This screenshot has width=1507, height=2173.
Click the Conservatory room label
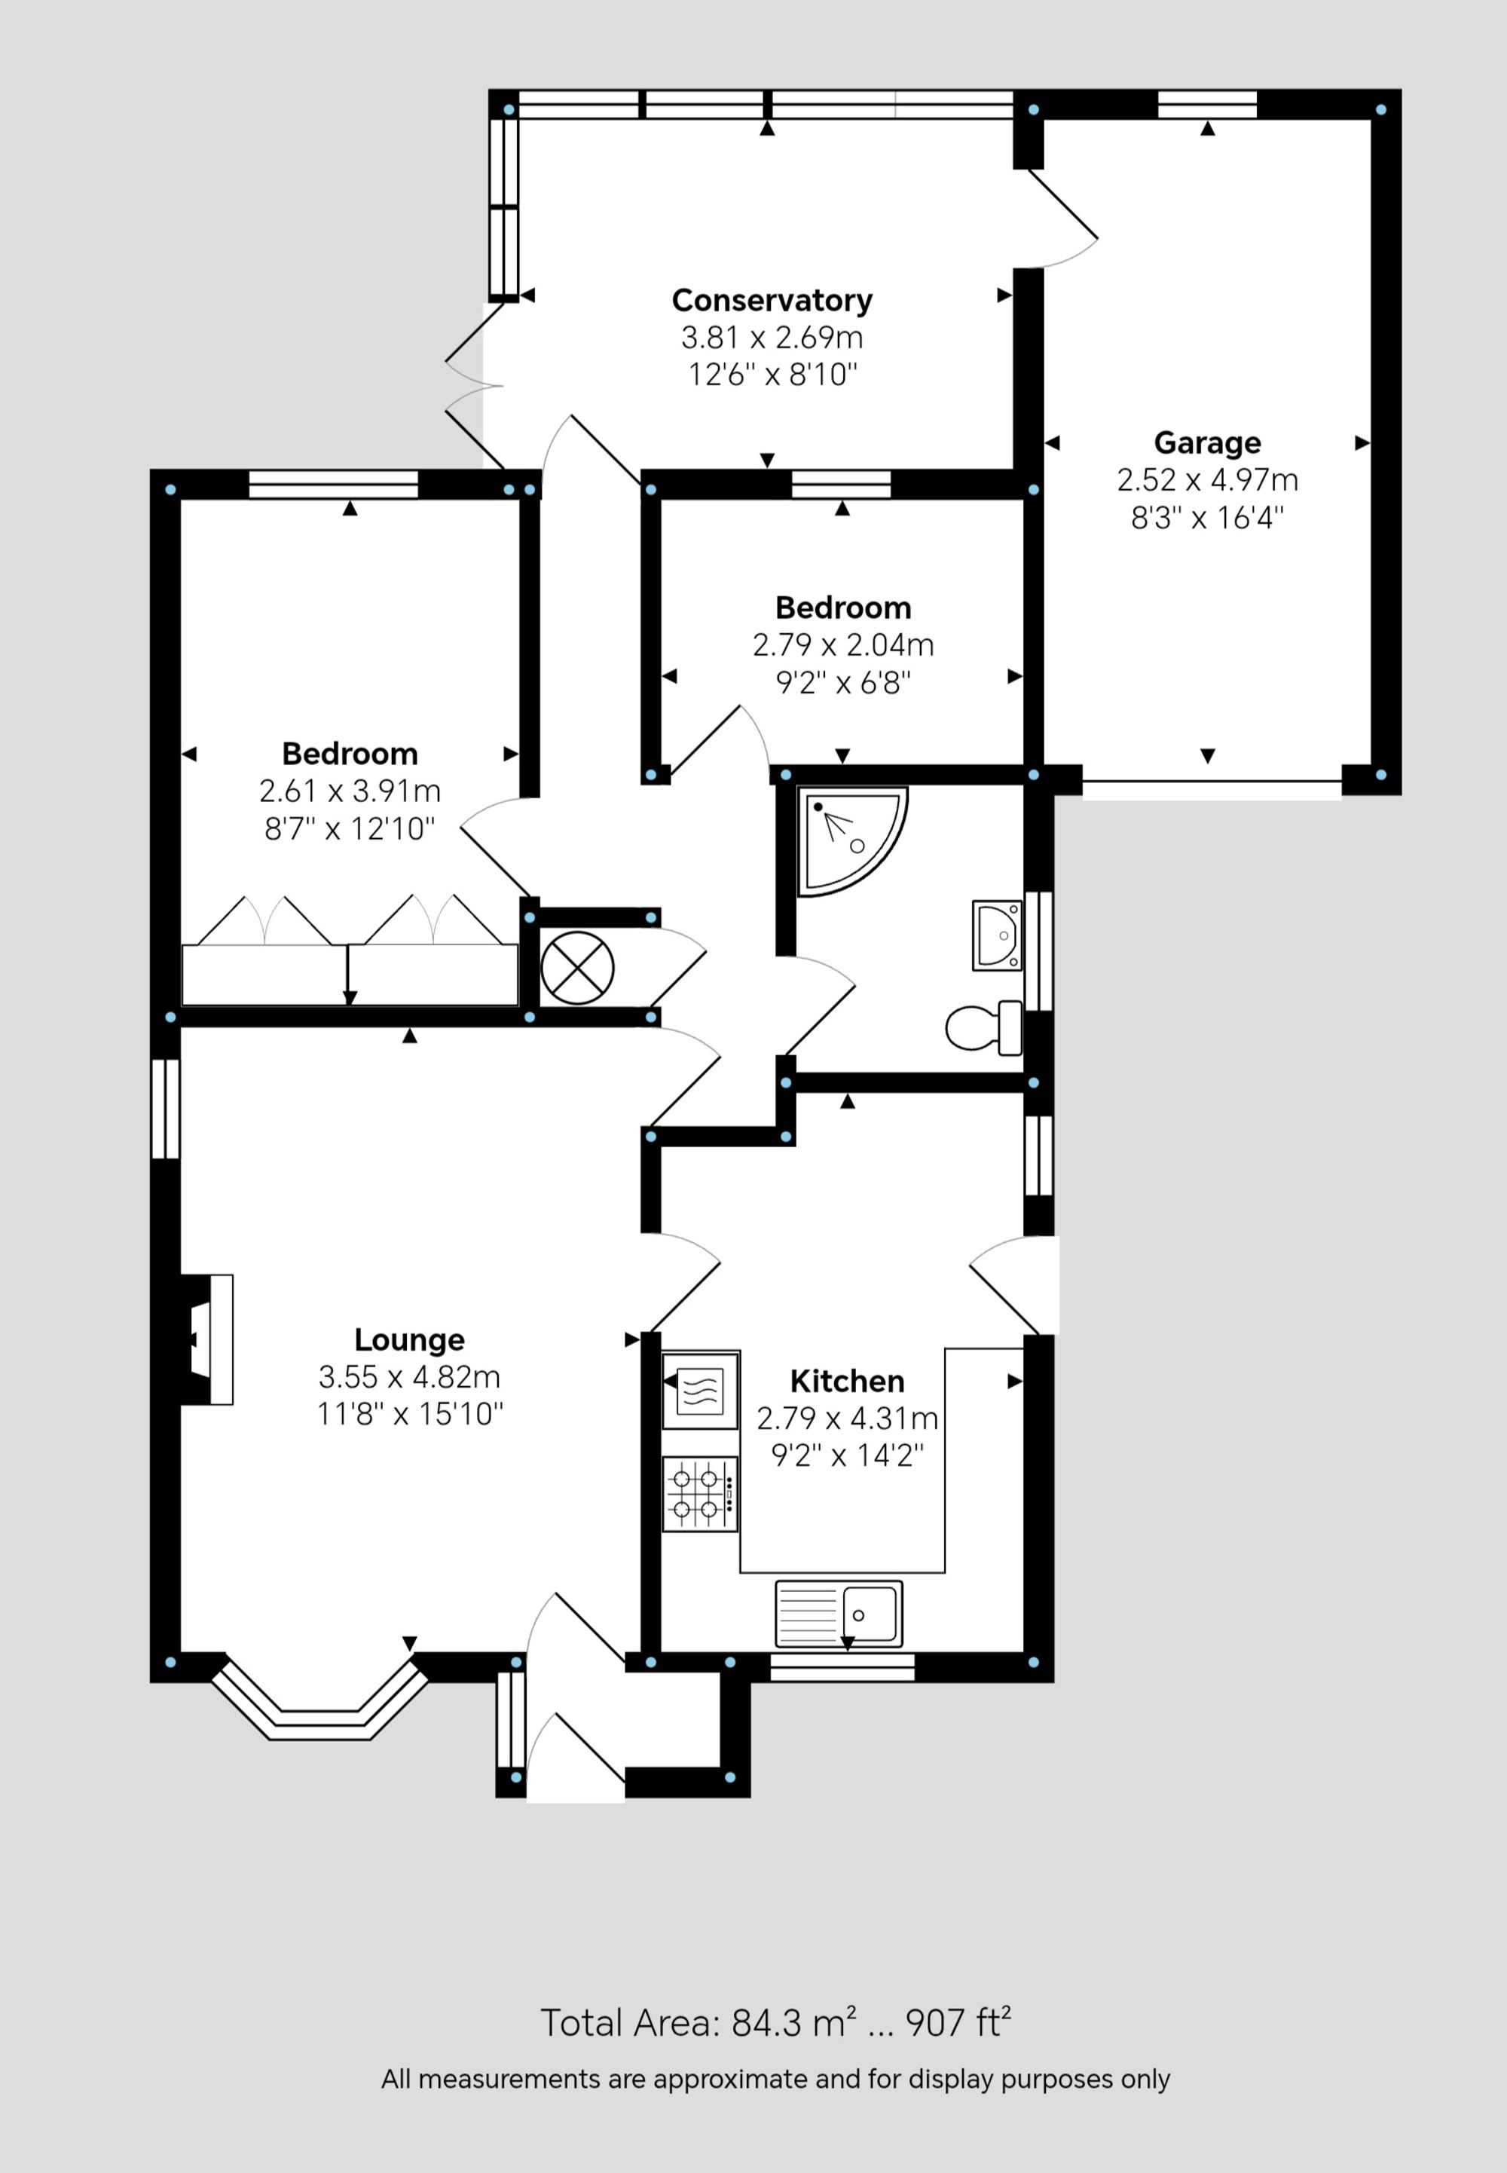(x=772, y=300)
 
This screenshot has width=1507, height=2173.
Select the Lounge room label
(x=409, y=1339)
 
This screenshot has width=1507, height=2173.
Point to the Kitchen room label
(x=847, y=1381)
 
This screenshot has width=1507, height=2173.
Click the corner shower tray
(x=845, y=840)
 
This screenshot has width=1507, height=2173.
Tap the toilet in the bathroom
(x=984, y=1027)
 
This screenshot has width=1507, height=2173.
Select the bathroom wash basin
(x=997, y=935)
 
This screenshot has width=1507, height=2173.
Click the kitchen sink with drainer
(x=839, y=1614)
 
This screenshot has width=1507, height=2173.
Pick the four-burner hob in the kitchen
(x=700, y=1494)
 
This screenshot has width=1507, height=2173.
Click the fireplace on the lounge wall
(x=206, y=1339)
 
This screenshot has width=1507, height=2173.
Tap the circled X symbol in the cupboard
(x=577, y=968)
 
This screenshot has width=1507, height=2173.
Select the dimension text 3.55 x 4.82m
(x=409, y=1377)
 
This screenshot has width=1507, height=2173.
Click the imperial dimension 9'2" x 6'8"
(x=842, y=682)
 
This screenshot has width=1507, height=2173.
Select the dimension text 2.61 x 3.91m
(x=350, y=791)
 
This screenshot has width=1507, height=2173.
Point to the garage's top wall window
(x=1207, y=104)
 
